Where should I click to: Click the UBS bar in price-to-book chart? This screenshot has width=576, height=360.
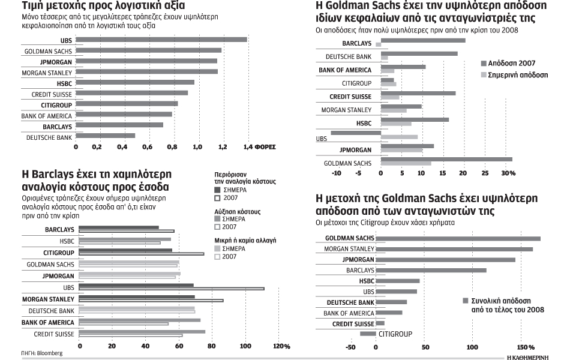[x=161, y=40]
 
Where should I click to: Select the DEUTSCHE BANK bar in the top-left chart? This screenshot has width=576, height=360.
[x=106, y=136]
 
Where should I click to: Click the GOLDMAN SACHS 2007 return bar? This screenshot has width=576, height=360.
[x=446, y=159]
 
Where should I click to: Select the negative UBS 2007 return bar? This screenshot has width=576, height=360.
[x=356, y=133]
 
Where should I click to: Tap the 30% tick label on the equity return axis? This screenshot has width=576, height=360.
[x=508, y=173]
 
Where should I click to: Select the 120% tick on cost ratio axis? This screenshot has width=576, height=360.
[x=281, y=346]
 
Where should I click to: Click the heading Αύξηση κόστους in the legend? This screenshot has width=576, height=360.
[x=238, y=212]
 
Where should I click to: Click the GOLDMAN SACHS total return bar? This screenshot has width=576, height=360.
[x=458, y=238]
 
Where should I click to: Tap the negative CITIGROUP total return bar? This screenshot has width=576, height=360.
[x=368, y=333]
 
